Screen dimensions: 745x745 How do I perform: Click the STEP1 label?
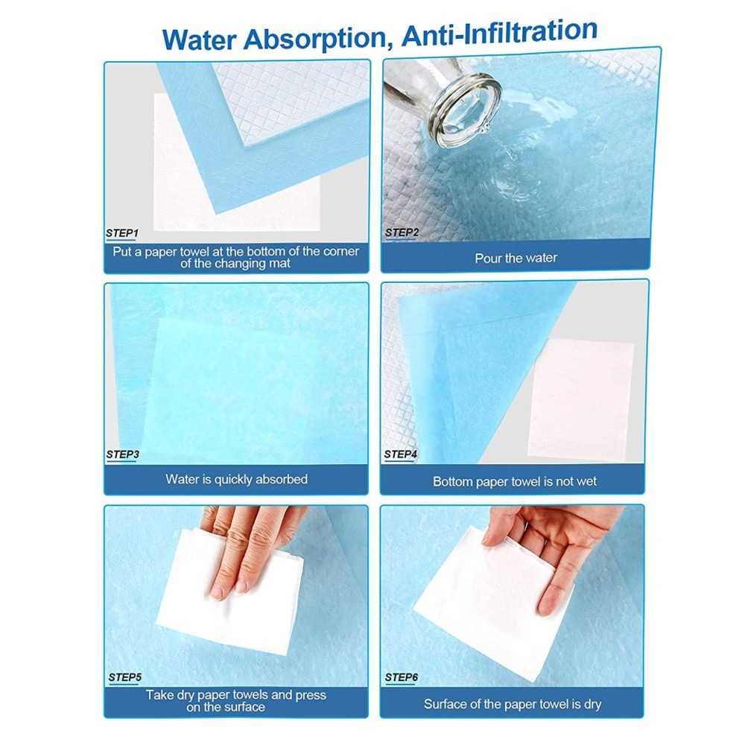coord(122,233)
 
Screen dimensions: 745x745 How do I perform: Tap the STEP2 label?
coord(402,232)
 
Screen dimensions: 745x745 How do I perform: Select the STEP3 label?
coord(123,454)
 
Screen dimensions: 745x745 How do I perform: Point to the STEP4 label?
coord(401,454)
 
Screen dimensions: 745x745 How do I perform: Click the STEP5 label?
coord(125,677)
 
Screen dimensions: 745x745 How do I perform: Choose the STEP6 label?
coord(402,677)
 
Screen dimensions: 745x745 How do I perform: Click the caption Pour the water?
coord(516,258)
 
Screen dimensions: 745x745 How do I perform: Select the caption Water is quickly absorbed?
coord(237,479)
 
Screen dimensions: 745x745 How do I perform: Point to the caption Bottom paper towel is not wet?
coord(515,481)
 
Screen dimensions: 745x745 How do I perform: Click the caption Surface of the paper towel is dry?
coord(513,704)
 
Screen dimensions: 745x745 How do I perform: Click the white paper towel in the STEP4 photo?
coord(580,400)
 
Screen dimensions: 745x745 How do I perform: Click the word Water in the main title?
coord(200,40)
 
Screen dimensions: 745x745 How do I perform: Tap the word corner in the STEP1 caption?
coord(340,251)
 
